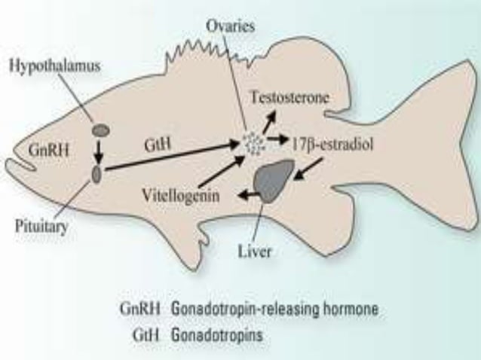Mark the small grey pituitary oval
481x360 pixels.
(x=97, y=175)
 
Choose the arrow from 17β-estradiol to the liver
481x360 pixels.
(x=306, y=168)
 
